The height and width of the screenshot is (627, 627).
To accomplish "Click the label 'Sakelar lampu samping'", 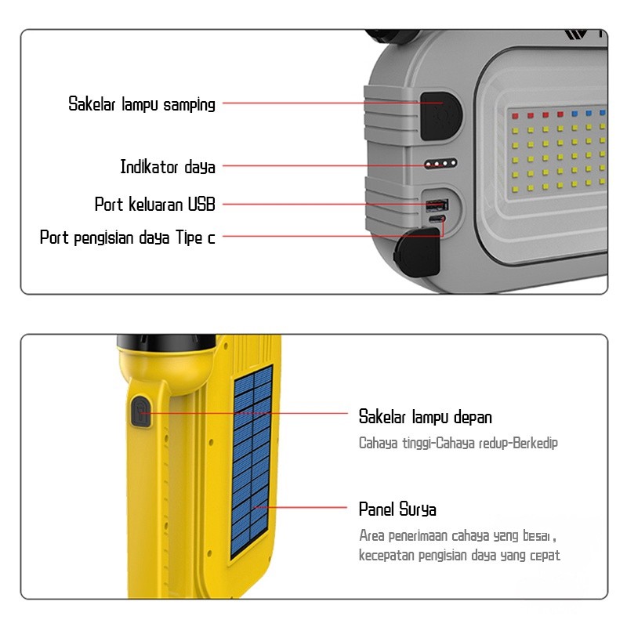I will (x=141, y=103).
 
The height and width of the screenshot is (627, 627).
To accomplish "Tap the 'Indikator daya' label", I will (x=167, y=167).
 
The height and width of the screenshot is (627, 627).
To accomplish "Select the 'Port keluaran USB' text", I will (x=154, y=205).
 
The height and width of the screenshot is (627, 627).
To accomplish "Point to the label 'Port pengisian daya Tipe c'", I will (x=127, y=237).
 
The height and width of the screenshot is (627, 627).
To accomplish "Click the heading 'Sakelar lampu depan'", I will (x=425, y=417).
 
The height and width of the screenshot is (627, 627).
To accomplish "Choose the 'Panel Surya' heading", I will (x=397, y=509).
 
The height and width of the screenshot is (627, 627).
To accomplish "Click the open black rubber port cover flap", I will (x=416, y=252).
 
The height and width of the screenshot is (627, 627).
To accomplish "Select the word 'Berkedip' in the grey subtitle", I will (x=534, y=444).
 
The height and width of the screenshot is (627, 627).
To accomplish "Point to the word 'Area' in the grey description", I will (x=371, y=536).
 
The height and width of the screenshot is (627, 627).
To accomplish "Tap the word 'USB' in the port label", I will (x=201, y=205).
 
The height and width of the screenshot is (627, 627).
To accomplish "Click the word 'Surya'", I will (x=418, y=509).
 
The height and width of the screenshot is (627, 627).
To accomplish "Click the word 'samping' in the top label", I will (x=189, y=104).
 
